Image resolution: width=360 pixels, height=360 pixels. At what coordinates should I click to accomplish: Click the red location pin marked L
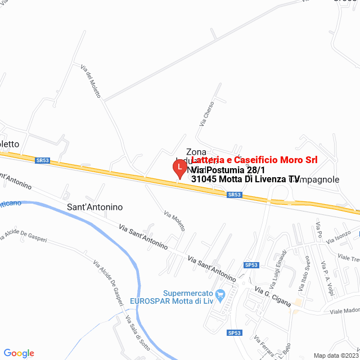coord(179,168)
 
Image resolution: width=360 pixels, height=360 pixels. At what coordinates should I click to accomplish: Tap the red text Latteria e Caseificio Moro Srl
coord(254,160)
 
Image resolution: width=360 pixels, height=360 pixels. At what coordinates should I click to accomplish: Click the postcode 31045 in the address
coord(205,179)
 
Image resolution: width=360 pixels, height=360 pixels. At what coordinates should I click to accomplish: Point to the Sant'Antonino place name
coord(94,207)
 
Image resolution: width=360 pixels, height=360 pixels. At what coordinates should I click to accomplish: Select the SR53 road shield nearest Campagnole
coord(235,195)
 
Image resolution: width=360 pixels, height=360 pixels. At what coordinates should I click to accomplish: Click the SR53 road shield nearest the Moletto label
coord(42,160)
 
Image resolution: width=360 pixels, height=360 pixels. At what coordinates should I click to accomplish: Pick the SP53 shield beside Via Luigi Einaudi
coord(251,265)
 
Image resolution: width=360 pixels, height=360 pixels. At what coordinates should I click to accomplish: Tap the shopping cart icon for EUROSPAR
coord(220,294)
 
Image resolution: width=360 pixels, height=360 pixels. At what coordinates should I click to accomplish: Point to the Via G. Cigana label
coord(273,296)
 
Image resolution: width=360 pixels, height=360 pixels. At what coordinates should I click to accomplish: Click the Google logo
coord(19,353)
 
